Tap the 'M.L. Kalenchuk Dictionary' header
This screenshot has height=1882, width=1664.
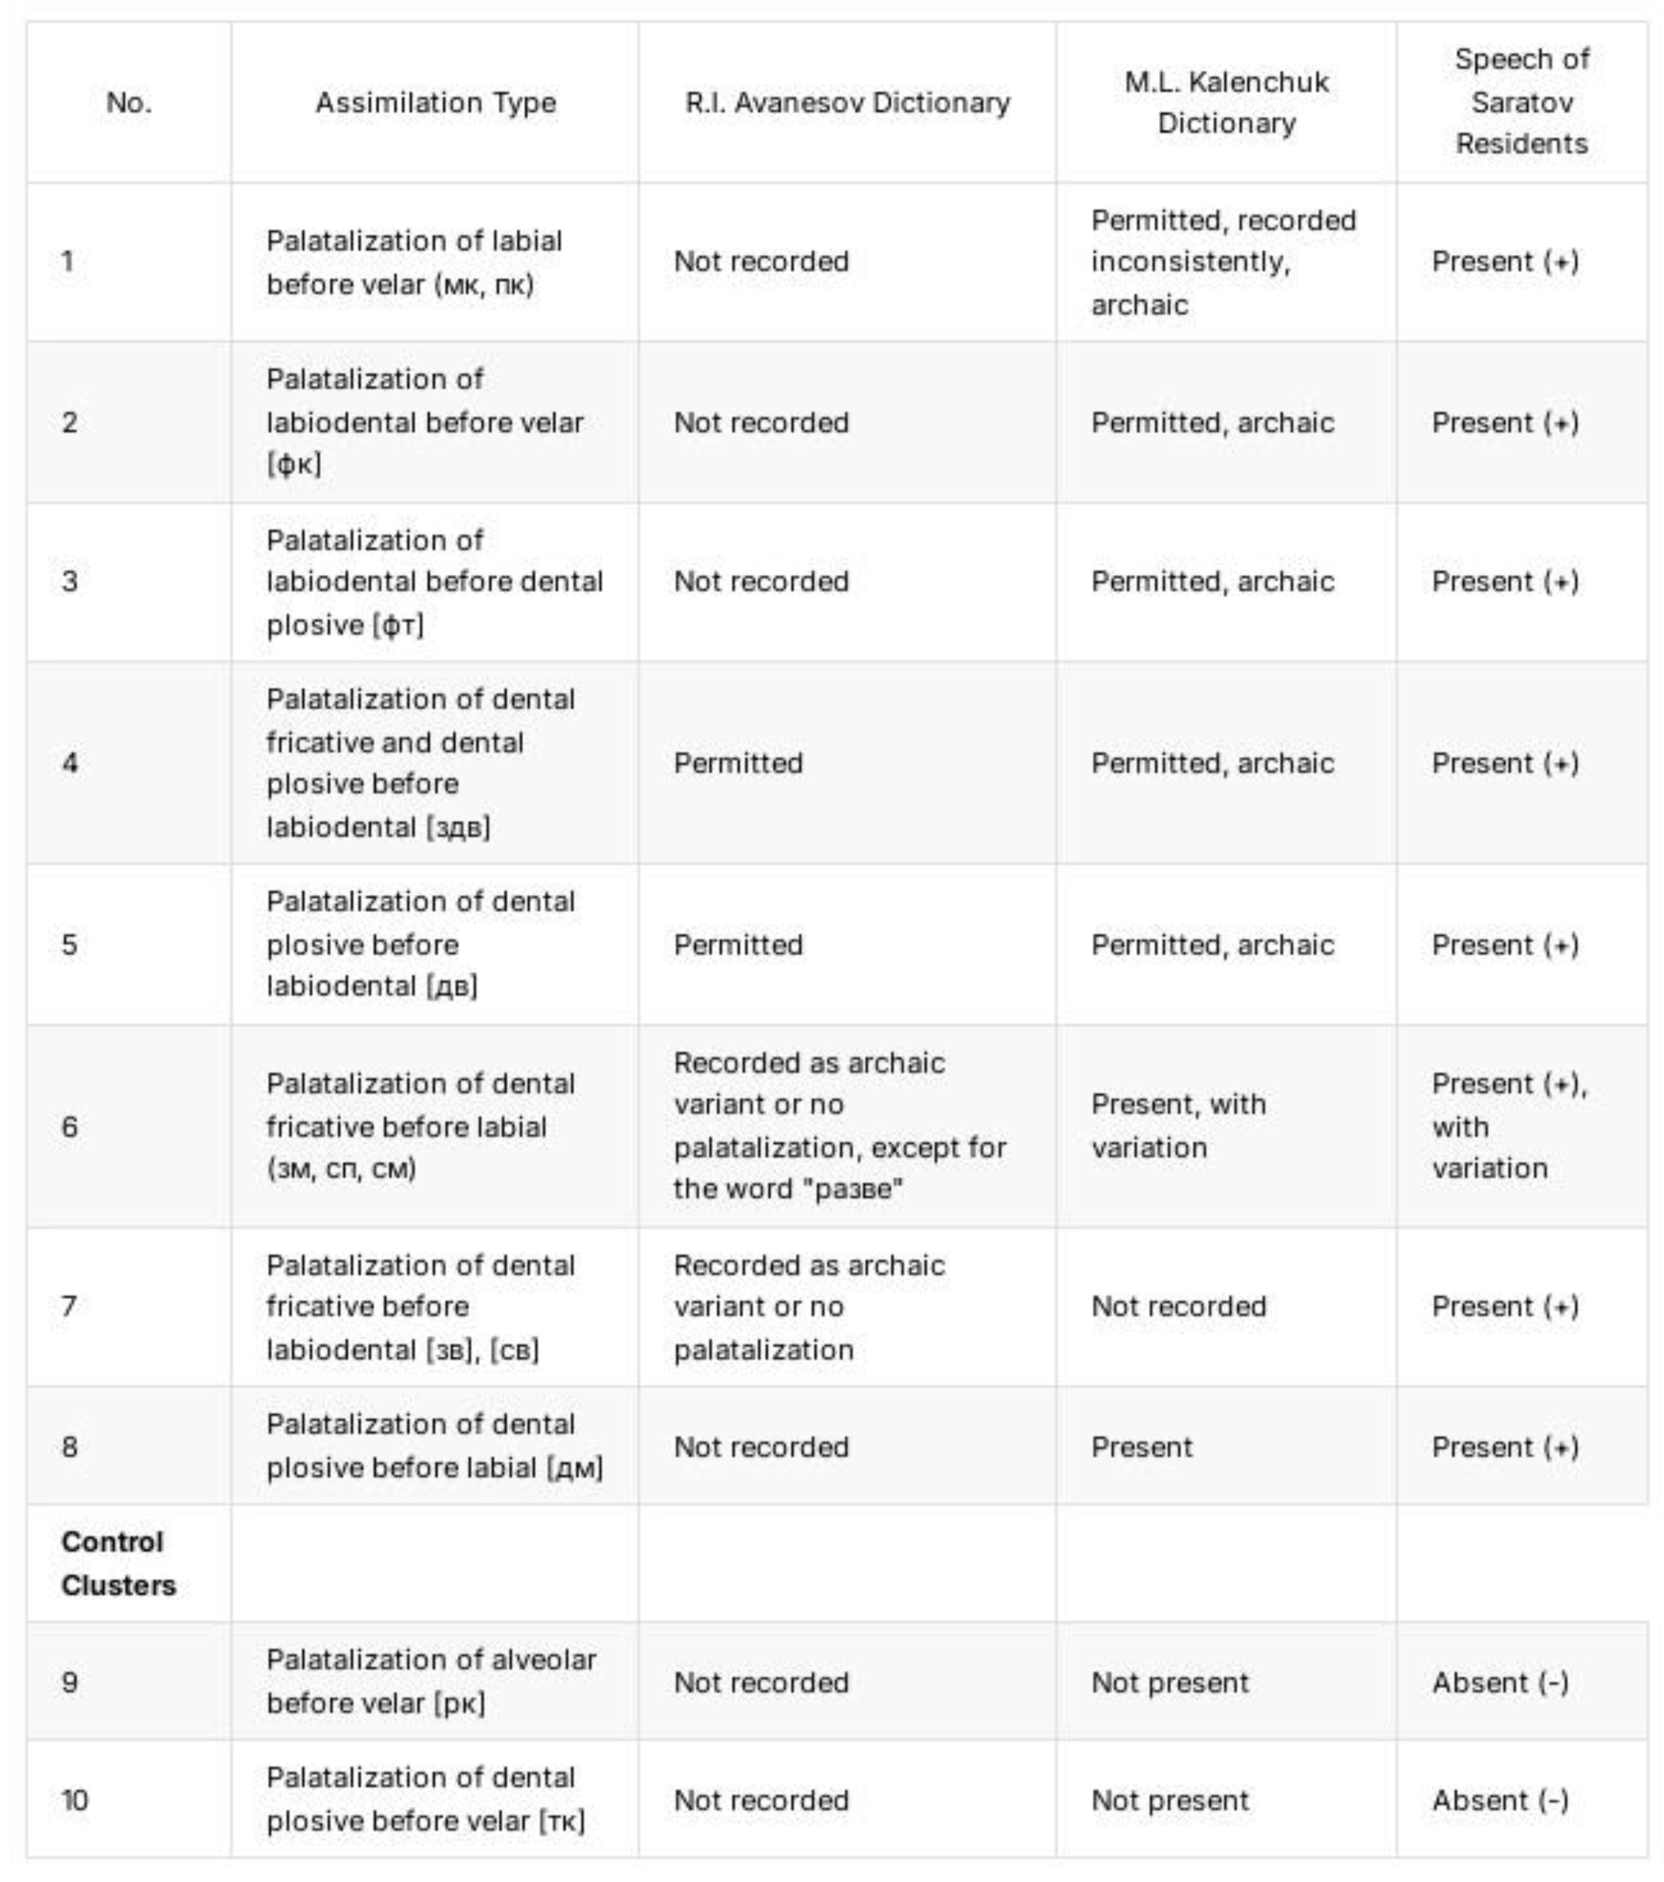click(x=1226, y=102)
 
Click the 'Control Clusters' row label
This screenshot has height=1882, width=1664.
click(x=118, y=1563)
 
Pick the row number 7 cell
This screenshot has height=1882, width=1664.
click(x=69, y=1305)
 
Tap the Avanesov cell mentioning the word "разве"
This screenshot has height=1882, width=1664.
click(x=840, y=1125)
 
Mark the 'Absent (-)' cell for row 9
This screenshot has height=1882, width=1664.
click(x=1499, y=1682)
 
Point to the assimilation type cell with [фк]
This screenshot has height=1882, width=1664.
click(x=425, y=422)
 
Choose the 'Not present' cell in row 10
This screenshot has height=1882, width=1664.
click(x=1170, y=1799)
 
